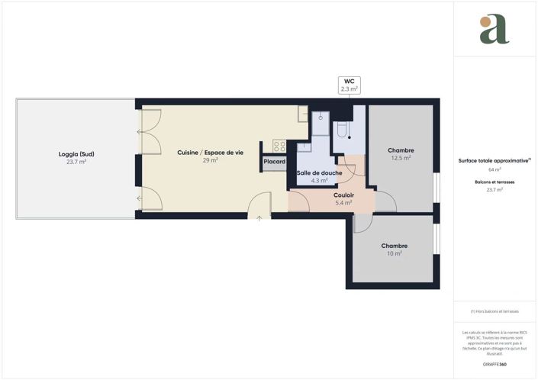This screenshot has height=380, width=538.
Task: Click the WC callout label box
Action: pos(349,85)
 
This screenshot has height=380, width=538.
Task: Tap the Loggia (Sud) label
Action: pos(76,153)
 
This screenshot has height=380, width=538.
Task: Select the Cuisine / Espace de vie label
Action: pos(210,153)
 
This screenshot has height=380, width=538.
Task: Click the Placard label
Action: pos(274,162)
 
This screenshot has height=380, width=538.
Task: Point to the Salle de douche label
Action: pos(319,172)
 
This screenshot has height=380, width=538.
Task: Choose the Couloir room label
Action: pos(343,195)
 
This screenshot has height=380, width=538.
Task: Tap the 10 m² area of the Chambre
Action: pos(394,253)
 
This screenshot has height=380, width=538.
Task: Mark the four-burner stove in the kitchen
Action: pos(279,146)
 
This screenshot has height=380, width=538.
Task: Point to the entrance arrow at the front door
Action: pos(259,218)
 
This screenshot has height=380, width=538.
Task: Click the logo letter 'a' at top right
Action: pos(495,30)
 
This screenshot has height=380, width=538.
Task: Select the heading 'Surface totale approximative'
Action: pos(494,161)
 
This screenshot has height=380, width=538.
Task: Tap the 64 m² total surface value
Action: pos(494,170)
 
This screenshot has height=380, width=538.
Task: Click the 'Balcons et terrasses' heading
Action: pos(494,182)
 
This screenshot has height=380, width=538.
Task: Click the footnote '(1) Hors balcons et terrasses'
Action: pos(494,311)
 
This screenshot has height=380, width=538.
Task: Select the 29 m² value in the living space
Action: pos(210,161)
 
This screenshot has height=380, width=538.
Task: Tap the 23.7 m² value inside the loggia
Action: pos(76,162)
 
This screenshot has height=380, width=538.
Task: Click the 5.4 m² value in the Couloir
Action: pos(343,203)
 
